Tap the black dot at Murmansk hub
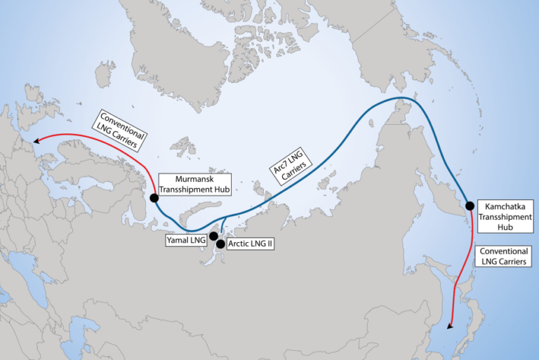click(154, 197)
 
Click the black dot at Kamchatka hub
click(470, 206)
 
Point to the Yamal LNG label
click(184, 240)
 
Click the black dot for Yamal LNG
click(213, 236)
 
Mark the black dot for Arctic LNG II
click(221, 244)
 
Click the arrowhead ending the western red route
click(35, 141)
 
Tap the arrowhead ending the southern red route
click(450, 326)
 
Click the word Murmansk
click(181, 179)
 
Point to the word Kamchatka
click(500, 207)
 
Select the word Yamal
click(176, 240)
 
